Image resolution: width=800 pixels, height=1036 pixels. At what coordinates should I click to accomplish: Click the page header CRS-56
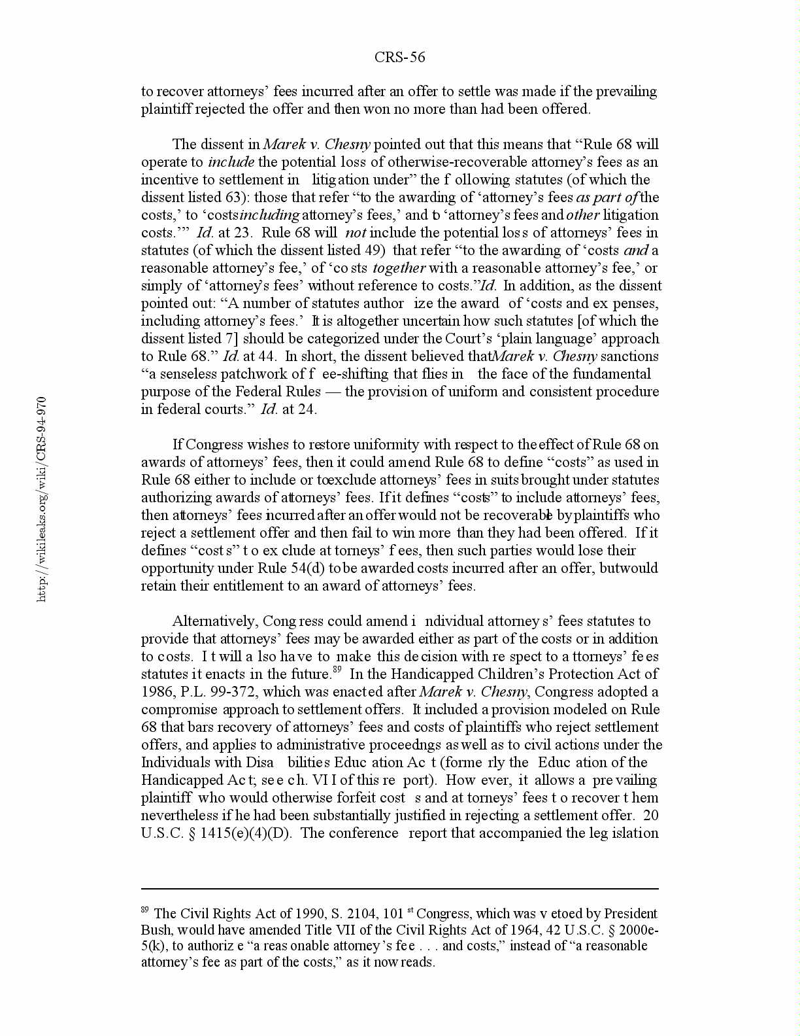[x=399, y=58]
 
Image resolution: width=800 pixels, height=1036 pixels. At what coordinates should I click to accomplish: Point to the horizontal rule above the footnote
[x=399, y=889]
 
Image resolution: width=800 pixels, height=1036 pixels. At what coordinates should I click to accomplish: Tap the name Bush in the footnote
[x=156, y=930]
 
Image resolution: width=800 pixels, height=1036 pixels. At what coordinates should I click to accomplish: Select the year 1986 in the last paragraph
[x=157, y=692]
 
